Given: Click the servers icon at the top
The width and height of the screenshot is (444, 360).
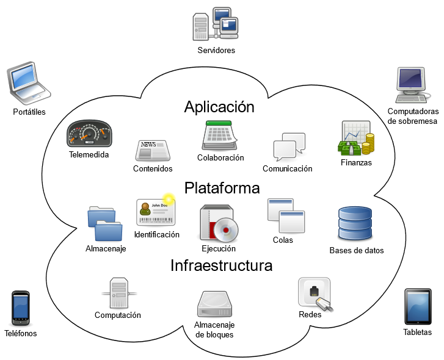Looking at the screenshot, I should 215,24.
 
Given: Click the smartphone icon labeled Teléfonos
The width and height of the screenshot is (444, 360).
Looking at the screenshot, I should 21,308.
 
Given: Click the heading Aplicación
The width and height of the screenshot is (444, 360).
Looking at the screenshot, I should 219,107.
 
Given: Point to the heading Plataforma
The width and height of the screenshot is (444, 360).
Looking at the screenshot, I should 222,187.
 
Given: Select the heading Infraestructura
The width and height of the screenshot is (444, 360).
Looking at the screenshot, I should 222,266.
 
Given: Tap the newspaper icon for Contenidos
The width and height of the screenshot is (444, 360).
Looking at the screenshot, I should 153,151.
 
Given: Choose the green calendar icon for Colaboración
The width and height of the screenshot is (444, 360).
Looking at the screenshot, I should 219,135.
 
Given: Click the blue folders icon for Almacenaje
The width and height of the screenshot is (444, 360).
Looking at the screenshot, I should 105,224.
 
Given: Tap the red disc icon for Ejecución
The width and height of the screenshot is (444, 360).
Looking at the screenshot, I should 218,224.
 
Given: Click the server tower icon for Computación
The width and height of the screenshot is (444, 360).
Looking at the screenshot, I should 117,292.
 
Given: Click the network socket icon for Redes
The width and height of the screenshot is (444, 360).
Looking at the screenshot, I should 316,294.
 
